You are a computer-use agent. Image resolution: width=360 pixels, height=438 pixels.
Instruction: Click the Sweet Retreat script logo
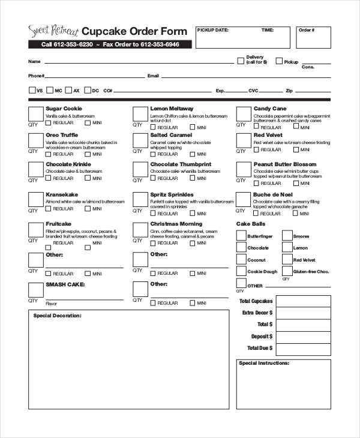(53, 31)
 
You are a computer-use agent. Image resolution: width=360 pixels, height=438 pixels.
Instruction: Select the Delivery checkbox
(241, 61)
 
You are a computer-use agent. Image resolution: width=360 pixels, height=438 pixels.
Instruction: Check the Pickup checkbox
(279, 61)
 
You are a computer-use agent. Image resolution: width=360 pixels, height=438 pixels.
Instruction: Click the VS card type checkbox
(32, 91)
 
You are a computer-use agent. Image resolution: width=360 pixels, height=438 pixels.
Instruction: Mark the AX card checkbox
(69, 91)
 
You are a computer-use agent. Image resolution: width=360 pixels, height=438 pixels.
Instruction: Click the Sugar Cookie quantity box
(35, 114)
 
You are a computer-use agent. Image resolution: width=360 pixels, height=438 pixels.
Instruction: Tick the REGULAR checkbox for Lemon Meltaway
(154, 127)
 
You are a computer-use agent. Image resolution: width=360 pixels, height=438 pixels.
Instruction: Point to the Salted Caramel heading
(171, 135)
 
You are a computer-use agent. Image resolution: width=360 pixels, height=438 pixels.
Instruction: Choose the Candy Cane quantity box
(243, 114)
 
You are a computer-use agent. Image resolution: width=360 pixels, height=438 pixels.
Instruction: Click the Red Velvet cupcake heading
(268, 135)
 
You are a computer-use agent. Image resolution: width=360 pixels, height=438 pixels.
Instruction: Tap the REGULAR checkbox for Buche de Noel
(257, 213)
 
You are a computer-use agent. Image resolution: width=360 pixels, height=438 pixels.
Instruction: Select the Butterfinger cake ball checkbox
(241, 236)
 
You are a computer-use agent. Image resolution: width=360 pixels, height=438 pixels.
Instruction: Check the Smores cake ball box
(287, 236)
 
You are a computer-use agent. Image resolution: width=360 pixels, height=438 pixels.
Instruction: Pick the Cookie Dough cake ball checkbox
(241, 272)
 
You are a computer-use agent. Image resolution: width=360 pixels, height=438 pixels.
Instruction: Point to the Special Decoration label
(57, 315)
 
